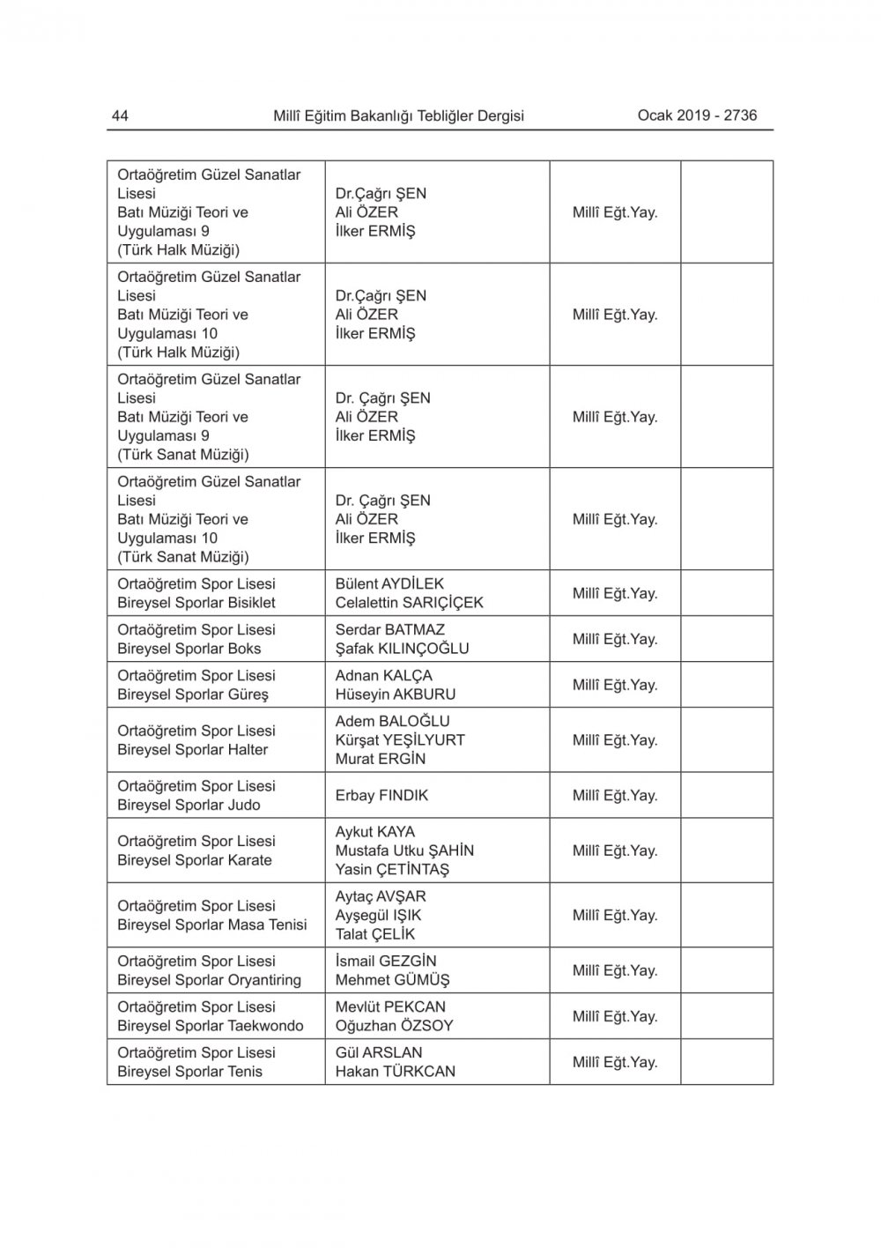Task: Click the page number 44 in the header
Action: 120,115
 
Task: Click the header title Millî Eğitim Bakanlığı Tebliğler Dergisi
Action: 398,115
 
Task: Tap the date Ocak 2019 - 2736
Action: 697,115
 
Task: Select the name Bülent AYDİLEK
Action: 389,583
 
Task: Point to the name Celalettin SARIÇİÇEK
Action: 409,603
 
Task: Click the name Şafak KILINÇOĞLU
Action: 402,649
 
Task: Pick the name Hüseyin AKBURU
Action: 396,694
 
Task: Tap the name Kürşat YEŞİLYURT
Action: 400,740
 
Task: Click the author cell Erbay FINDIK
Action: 381,795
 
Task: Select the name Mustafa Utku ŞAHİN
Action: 404,850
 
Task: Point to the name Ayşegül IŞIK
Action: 378,915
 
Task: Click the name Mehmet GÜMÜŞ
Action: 392,980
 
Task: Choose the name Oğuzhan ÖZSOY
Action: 394,1026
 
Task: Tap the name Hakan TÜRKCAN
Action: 396,1072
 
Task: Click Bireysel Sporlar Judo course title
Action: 189,805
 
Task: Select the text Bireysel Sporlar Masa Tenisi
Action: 212,925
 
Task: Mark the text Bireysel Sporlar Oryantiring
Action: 209,980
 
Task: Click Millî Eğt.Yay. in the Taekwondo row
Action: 615,1016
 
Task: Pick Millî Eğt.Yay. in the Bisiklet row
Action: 615,593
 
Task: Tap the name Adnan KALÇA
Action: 383,675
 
